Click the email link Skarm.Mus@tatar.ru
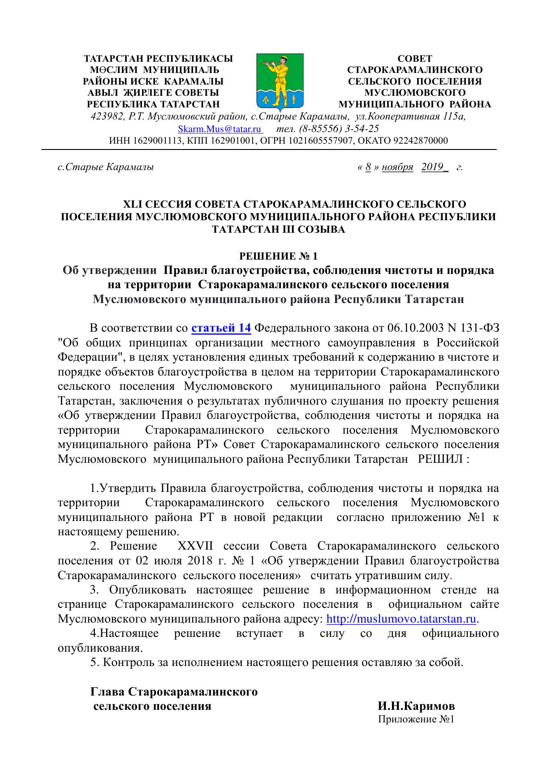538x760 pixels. click(220, 129)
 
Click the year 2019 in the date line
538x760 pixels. click(432, 167)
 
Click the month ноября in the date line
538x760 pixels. click(397, 167)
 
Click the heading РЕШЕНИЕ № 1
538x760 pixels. click(279, 256)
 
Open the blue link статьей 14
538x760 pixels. click(221, 328)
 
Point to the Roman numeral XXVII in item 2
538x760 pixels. click(196, 547)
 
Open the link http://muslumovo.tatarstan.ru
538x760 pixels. click(401, 619)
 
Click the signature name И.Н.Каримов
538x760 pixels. click(416, 706)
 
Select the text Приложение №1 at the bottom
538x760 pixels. click(416, 720)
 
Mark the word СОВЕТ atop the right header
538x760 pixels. click(415, 59)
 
